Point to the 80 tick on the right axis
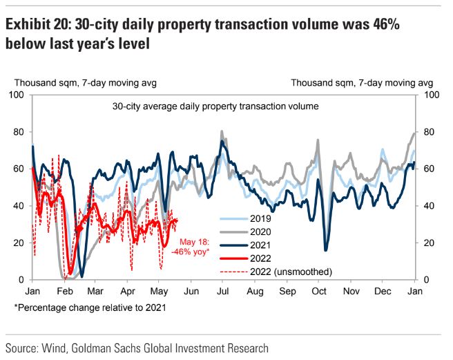(x=426, y=132)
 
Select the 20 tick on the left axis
(x=19, y=243)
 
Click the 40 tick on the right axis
(x=426, y=206)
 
